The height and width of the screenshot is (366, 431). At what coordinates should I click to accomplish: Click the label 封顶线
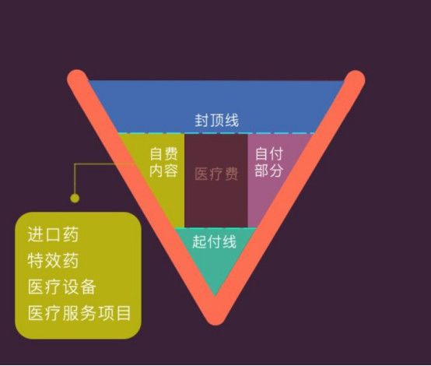click(216, 120)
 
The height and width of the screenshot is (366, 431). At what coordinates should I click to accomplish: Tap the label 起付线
click(214, 242)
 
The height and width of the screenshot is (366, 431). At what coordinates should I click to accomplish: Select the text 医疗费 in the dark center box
click(216, 174)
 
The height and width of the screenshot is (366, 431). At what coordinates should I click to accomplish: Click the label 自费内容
click(163, 162)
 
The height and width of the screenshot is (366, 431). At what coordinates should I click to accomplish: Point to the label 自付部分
click(269, 162)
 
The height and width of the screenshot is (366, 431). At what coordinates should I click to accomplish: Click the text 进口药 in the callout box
click(53, 234)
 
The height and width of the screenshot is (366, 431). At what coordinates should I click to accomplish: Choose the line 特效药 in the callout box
click(53, 261)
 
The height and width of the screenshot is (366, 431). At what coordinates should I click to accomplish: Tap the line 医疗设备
click(61, 287)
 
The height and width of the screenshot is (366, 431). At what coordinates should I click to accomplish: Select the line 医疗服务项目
click(79, 313)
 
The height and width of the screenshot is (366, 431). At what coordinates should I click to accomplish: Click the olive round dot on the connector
click(75, 198)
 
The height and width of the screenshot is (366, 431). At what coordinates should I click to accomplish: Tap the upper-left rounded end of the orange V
click(78, 79)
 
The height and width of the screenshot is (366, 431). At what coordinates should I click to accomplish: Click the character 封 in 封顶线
click(201, 120)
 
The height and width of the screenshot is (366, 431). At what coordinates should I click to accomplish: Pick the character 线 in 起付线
click(230, 242)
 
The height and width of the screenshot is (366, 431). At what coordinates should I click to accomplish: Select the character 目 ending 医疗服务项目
click(124, 313)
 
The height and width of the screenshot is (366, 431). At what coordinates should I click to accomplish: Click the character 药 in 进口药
click(71, 234)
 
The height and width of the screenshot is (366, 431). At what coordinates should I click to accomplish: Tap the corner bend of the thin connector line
click(75, 164)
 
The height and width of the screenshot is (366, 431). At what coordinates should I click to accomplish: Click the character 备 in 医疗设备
click(89, 287)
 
